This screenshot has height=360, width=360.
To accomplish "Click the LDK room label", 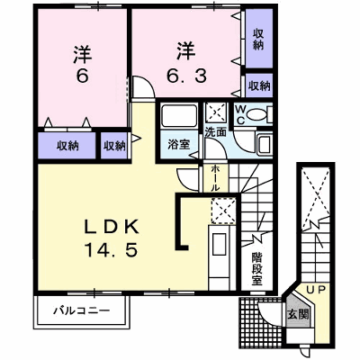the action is [112, 228].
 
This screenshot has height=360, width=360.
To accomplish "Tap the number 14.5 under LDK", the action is [112, 250].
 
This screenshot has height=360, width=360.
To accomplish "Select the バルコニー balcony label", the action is [81, 310].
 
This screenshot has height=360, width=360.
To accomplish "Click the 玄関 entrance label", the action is [298, 315].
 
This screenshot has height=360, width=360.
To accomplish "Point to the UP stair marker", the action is [316, 290].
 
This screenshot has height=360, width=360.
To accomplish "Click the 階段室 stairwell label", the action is [257, 269].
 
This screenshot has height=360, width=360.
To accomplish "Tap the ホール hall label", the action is [215, 178].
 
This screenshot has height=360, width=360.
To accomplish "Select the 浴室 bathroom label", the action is [178, 145].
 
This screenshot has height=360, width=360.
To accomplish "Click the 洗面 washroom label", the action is [215, 132].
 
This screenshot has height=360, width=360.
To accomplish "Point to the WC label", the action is [240, 114].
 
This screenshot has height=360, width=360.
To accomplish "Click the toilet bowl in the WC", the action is [256, 114].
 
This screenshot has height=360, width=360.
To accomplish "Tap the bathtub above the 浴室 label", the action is [179, 116].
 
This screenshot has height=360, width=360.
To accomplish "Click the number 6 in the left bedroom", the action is [82, 77].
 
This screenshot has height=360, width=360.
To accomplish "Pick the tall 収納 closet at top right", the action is [259, 38].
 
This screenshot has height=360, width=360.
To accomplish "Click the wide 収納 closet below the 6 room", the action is [67, 146].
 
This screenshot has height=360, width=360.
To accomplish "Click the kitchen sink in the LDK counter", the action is [219, 244].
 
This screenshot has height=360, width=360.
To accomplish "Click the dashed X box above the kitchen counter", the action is [223, 211].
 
